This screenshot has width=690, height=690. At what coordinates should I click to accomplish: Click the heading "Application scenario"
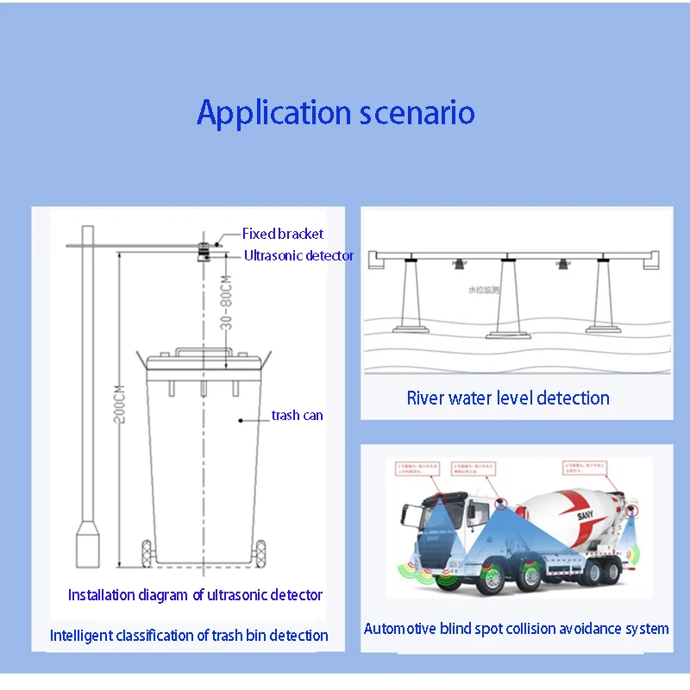click(x=336, y=113)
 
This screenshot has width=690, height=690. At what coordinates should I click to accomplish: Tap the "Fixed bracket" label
click(x=283, y=234)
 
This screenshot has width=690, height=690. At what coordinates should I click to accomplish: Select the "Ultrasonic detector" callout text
click(x=298, y=255)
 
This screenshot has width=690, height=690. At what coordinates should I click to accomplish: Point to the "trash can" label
click(x=297, y=415)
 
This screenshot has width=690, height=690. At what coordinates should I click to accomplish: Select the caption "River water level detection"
click(x=508, y=398)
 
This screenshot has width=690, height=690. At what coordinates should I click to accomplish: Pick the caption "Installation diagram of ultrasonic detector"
click(x=195, y=594)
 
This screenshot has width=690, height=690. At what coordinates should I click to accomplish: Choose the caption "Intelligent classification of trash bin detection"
click(x=189, y=636)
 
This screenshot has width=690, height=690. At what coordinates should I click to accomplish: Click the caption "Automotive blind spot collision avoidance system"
click(x=516, y=629)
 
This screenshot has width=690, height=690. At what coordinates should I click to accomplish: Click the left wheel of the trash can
click(x=147, y=553)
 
